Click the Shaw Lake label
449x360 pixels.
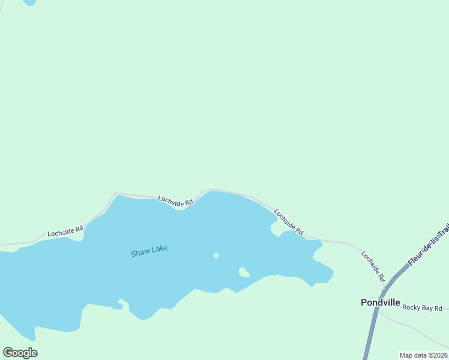pyautogui.click(x=149, y=251)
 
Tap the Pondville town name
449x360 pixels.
pyautogui.click(x=380, y=302)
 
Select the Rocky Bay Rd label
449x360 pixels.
pyautogui.click(x=422, y=308)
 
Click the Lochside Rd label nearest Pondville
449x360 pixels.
pyautogui.click(x=372, y=266)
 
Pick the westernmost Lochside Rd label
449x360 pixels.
pyautogui.click(x=65, y=231)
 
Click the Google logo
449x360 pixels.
pyautogui.click(x=20, y=353)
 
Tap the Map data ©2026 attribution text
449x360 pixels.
pyautogui.click(x=423, y=355)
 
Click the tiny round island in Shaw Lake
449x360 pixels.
pyautogui.click(x=216, y=256)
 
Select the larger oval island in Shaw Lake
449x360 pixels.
pyautogui.click(x=244, y=272)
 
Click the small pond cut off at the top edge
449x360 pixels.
pyautogui.click(x=29, y=2)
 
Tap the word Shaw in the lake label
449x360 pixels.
pyautogui.click(x=139, y=253)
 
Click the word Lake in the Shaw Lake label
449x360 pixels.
pyautogui.click(x=160, y=249)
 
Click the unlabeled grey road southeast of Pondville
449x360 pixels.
pyautogui.click(x=414, y=329)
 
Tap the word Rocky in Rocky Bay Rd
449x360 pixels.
pyautogui.click(x=412, y=308)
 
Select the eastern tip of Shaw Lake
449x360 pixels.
pyautogui.click(x=332, y=274)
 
